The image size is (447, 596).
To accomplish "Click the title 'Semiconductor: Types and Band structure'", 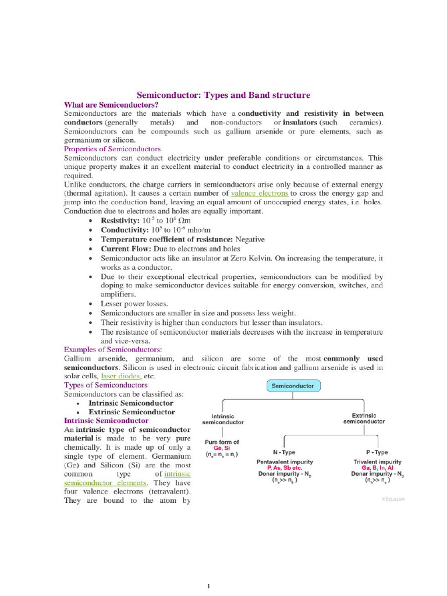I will click(x=223, y=95).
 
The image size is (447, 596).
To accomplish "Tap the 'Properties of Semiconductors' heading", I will click(x=112, y=149).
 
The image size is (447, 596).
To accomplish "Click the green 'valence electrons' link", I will click(x=260, y=193).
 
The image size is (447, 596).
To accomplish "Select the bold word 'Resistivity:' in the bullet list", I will click(x=120, y=221).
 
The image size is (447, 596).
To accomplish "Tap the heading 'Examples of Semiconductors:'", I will click(x=113, y=349).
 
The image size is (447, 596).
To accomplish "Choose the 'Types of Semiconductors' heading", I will click(x=105, y=385).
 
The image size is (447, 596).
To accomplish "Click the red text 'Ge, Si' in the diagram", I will click(x=222, y=448).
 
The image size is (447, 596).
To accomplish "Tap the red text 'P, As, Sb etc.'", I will click(x=285, y=468).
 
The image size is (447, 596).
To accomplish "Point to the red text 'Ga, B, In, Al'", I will click(x=377, y=468).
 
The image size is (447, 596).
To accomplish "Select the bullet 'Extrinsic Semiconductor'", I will click(x=131, y=411).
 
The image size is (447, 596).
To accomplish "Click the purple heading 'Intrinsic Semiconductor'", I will click(x=106, y=420).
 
